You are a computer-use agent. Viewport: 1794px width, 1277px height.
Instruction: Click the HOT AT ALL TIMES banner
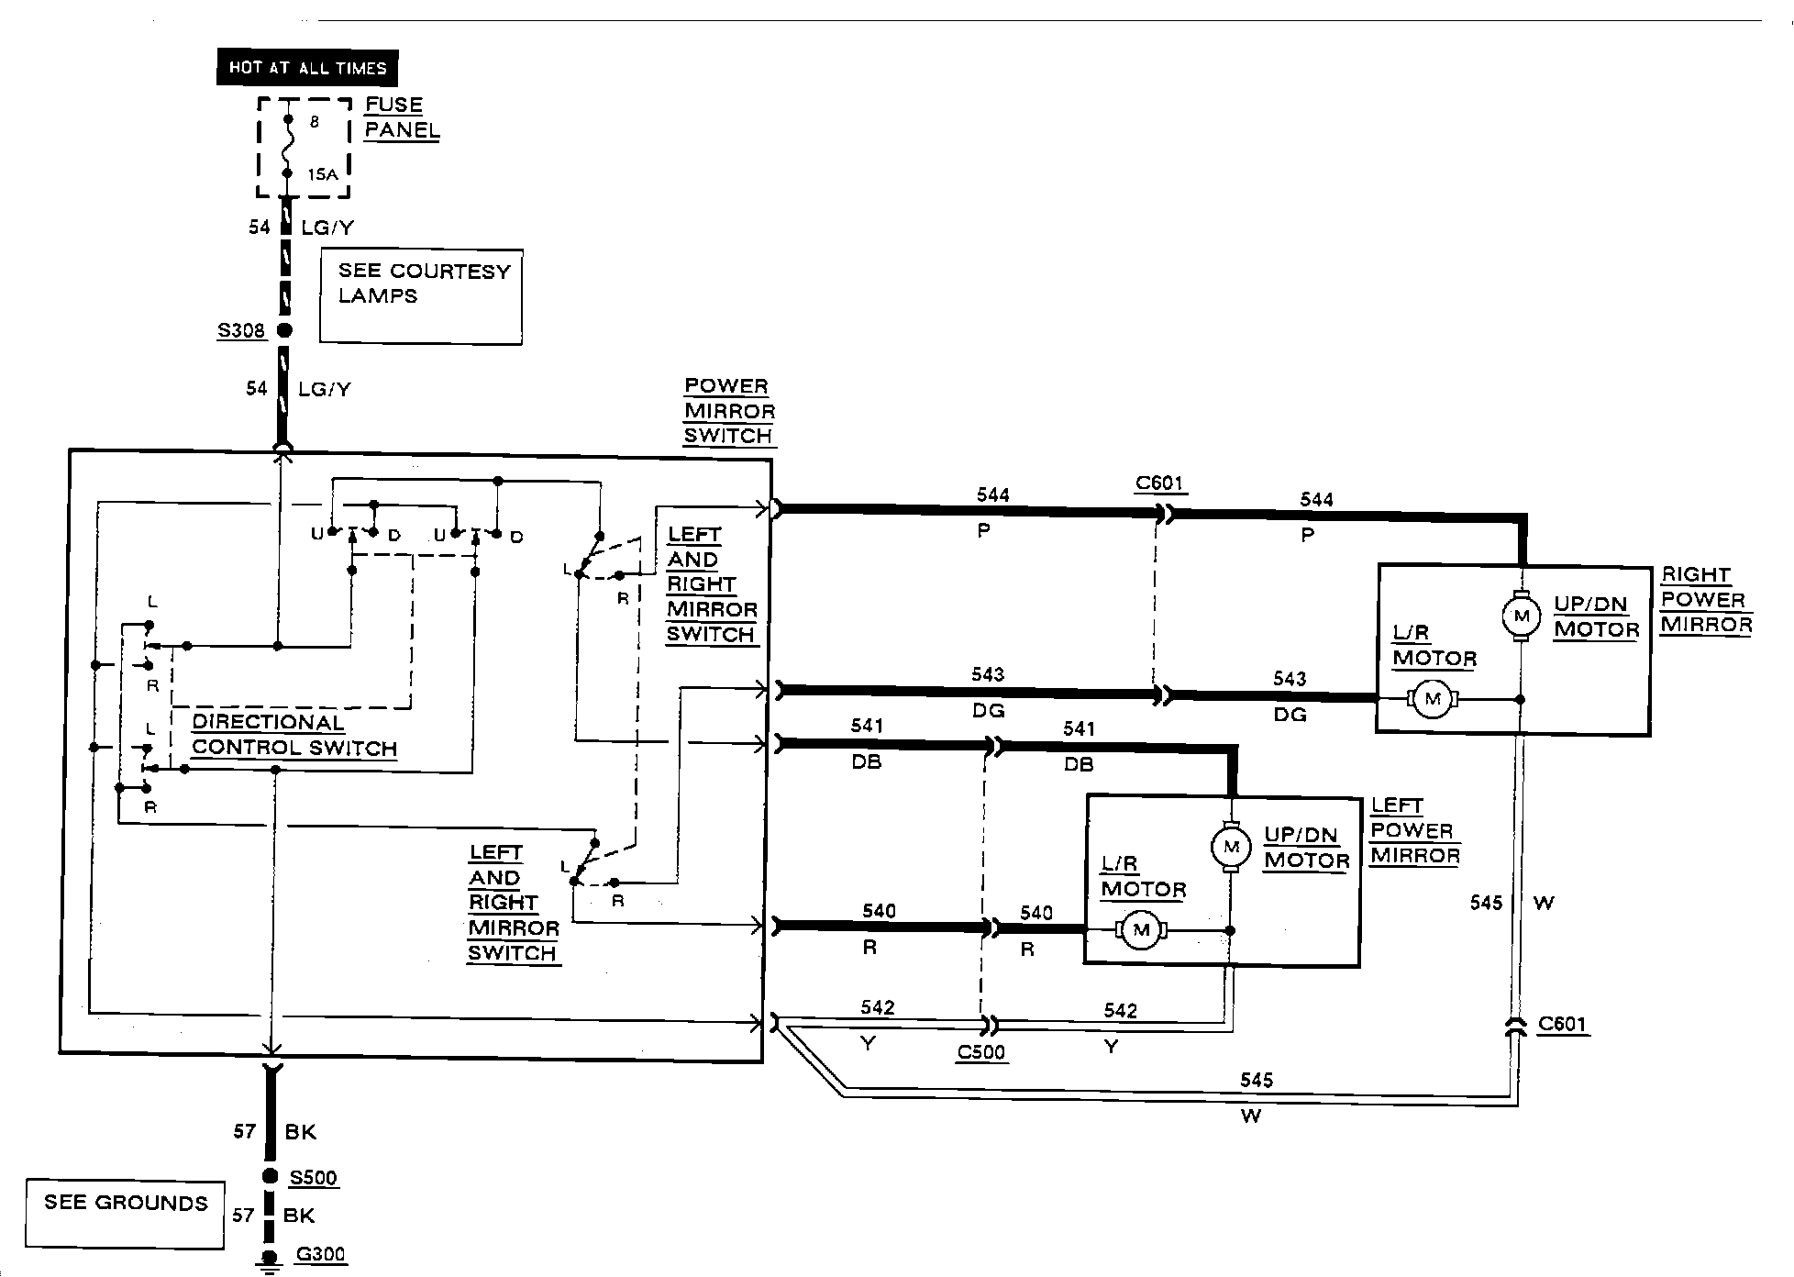(x=307, y=67)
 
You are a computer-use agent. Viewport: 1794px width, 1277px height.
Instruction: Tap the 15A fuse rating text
(x=323, y=174)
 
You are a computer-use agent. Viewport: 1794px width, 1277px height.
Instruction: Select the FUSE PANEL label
(x=402, y=117)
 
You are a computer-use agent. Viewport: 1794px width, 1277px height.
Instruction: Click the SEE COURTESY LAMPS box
(x=421, y=296)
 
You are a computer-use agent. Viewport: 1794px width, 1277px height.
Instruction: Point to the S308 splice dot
(x=284, y=330)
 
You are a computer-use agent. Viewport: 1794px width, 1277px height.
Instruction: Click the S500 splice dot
(x=270, y=1176)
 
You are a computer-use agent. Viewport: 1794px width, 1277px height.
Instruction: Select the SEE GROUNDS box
(x=125, y=1214)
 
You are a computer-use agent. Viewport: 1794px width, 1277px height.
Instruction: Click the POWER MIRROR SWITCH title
(x=729, y=411)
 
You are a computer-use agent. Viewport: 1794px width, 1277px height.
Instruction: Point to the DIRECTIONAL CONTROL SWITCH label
(x=294, y=735)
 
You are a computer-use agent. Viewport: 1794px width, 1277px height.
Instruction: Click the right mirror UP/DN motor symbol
(x=1521, y=615)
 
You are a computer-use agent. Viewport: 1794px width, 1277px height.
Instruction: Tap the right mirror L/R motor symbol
(x=1432, y=700)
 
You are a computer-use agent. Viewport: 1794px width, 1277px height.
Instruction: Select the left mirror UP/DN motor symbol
(x=1231, y=846)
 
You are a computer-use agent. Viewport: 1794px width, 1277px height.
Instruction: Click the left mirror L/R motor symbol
(x=1141, y=930)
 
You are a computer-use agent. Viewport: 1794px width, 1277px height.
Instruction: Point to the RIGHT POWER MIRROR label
(x=1707, y=600)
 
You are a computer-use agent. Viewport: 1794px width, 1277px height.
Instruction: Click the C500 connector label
(x=981, y=1052)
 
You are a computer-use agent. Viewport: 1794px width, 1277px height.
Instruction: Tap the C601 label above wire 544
(x=1159, y=483)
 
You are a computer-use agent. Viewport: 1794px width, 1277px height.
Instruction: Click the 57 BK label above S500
(x=275, y=1131)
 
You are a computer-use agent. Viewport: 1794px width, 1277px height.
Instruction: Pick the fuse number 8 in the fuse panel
(x=315, y=121)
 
